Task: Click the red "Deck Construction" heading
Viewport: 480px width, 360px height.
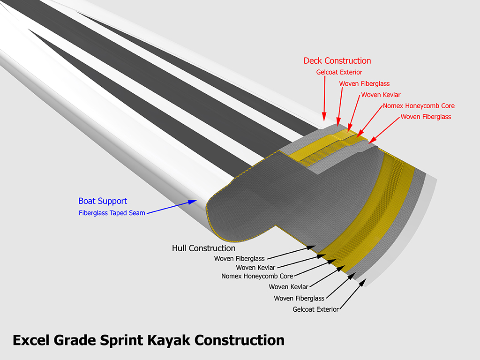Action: coord(337,61)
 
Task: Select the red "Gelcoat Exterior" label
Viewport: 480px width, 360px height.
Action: coord(339,72)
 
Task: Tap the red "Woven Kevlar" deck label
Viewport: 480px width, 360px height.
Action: coord(381,95)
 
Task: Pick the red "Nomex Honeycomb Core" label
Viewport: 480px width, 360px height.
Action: coord(419,106)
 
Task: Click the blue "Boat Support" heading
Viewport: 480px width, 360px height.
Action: coord(103,201)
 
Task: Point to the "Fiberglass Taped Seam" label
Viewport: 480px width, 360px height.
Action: coord(112,213)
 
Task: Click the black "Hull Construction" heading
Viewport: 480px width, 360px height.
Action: coord(203,248)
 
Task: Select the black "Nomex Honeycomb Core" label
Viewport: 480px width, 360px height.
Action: coord(257,276)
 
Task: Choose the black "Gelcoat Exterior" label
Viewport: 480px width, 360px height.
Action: coord(315,309)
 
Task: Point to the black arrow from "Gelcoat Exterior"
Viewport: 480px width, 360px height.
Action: coord(353,296)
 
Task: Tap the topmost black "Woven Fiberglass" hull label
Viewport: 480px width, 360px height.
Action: coord(239,259)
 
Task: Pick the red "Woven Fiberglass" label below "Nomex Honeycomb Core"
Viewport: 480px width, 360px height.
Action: coord(426,117)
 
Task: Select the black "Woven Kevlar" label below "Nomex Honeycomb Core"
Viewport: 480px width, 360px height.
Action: coord(288,287)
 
